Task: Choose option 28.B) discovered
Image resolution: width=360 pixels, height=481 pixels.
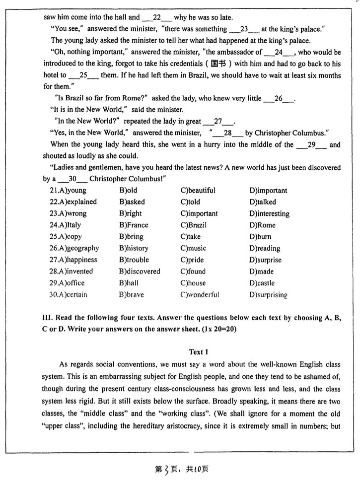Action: point(140,272)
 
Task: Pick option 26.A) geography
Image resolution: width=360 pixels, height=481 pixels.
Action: point(74,248)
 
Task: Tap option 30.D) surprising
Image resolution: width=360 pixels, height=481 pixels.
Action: point(269,294)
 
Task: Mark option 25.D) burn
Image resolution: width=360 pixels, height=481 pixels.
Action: point(260,237)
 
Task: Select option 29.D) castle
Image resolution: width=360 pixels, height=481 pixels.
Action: point(262,283)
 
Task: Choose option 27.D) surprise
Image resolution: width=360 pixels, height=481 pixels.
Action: point(265,260)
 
